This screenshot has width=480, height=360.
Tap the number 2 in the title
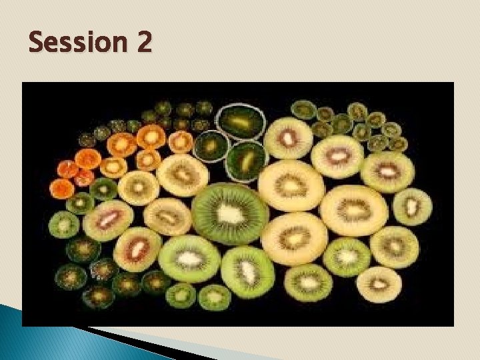tap(143, 44)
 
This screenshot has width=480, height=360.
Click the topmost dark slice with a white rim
tap(242, 121)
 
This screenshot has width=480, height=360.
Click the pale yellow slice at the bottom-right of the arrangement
tap(379, 284)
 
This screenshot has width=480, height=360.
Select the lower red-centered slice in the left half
tap(138, 249)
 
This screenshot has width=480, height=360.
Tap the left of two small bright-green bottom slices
tap(181, 294)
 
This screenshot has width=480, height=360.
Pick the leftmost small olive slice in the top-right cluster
tap(304, 109)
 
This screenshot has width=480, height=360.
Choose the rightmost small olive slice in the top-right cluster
tap(399, 144)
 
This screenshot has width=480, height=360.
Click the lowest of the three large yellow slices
tap(294, 239)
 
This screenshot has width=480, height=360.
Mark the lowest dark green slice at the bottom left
tap(99, 296)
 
